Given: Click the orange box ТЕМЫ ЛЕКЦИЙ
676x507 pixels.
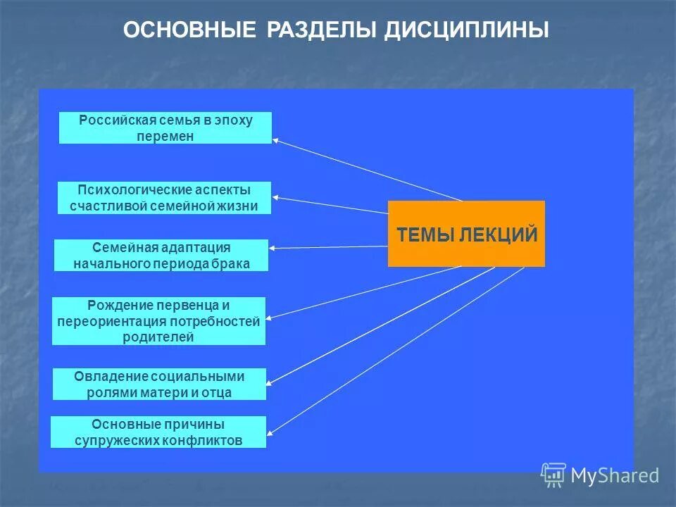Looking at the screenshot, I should (x=466, y=234).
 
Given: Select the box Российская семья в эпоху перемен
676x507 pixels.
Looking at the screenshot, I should (x=165, y=128).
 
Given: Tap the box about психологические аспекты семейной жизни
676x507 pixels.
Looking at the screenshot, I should (x=164, y=198).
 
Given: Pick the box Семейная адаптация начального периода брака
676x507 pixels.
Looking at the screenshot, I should (x=161, y=256).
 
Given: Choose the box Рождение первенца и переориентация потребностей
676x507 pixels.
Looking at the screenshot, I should (x=158, y=321).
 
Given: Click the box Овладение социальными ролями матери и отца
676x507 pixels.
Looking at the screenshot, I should (x=159, y=384).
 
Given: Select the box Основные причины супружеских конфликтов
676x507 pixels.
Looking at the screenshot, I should (x=158, y=432).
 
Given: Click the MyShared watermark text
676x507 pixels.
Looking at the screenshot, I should (x=615, y=475).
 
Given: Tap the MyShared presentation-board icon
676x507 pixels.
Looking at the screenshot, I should (x=553, y=475).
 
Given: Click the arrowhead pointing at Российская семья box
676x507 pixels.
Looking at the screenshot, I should (x=275, y=140).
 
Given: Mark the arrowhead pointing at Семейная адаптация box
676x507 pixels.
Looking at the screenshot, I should (x=273, y=248).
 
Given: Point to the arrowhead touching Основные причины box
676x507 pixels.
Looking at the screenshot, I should (x=271, y=432).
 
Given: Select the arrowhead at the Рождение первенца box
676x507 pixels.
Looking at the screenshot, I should (x=270, y=318).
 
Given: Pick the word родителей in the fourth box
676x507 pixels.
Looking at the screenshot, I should (x=158, y=337).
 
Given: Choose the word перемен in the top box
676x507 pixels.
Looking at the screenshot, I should (x=165, y=136).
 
